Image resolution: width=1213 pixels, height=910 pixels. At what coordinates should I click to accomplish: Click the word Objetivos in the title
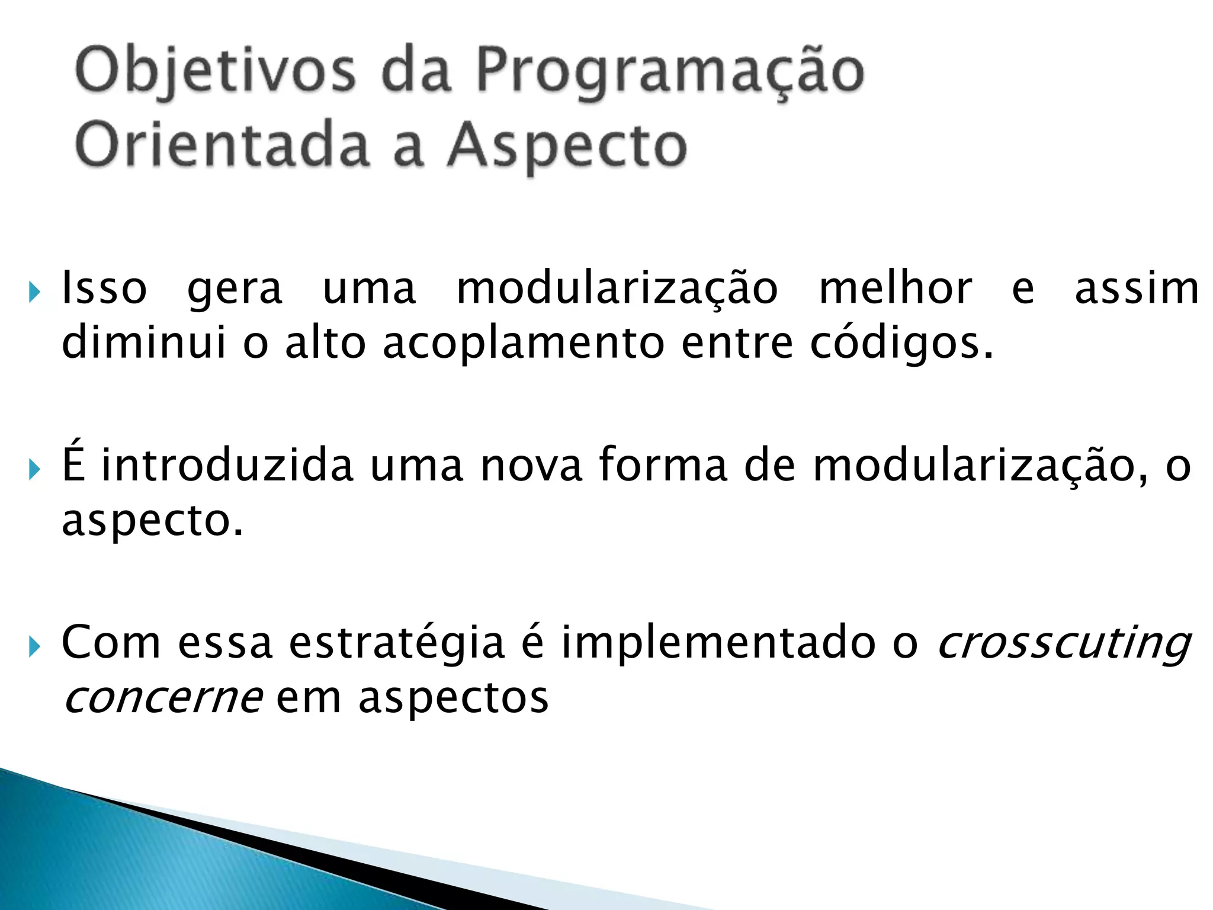click(x=216, y=72)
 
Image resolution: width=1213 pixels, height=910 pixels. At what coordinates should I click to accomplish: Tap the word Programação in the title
click(x=670, y=72)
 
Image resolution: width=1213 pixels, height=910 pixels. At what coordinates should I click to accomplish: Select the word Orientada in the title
click(x=223, y=146)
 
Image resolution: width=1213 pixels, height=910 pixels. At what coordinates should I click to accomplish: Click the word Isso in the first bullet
click(x=104, y=289)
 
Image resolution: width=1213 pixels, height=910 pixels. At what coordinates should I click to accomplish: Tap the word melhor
click(x=895, y=289)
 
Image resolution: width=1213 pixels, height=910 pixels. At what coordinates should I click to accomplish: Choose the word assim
click(x=1137, y=289)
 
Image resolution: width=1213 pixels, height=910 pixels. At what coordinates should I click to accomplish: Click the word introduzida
click(x=227, y=465)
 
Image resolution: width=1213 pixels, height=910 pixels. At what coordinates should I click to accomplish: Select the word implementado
click(x=718, y=642)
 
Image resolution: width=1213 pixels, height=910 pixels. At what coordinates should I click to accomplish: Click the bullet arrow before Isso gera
click(x=35, y=292)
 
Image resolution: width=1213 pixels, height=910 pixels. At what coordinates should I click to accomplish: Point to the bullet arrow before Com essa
click(x=35, y=646)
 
